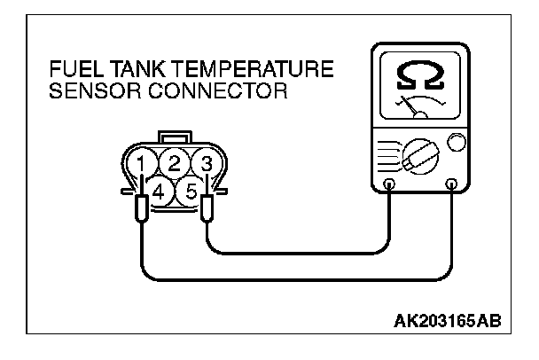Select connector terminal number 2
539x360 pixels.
(175, 162)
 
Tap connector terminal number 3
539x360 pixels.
(205, 162)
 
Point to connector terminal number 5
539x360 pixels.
(190, 190)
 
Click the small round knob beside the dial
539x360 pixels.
(457, 142)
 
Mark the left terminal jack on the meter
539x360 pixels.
(390, 185)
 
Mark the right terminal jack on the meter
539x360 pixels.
(453, 185)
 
